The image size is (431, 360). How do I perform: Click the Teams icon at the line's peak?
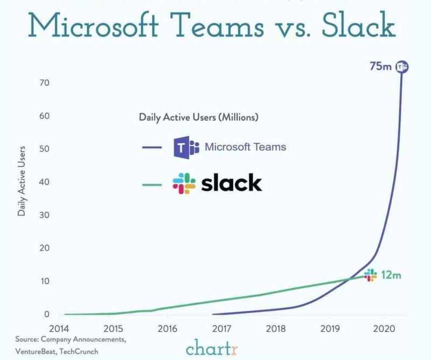(x=401, y=67)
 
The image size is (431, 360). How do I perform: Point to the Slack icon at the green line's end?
(x=371, y=275)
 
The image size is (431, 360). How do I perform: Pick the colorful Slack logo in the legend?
(x=184, y=184)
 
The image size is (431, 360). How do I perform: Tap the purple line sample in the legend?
(x=152, y=147)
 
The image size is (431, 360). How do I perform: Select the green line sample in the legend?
(x=152, y=184)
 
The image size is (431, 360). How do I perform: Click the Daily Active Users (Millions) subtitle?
(x=199, y=117)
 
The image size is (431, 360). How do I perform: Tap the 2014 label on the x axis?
(x=59, y=328)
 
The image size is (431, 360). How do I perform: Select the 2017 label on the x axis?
(x=222, y=328)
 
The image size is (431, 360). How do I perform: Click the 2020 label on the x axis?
(x=385, y=328)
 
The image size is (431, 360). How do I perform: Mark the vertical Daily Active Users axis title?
(x=22, y=181)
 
